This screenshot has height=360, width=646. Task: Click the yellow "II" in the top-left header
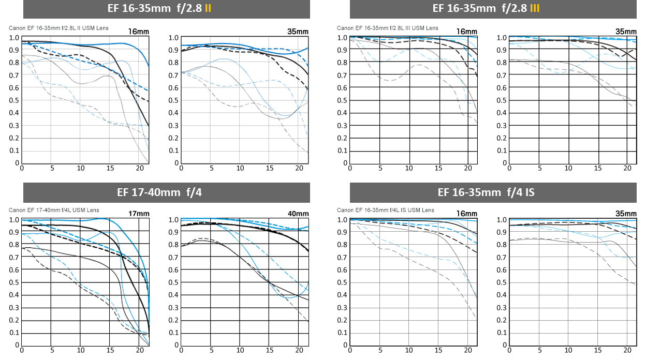pos(208,9)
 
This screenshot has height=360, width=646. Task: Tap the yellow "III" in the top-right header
pos(535,9)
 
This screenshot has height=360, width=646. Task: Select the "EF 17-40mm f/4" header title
pos(167,193)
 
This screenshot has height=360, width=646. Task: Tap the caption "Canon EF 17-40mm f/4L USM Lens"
pos(54,210)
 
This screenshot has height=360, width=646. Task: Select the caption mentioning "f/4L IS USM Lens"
pos(386,210)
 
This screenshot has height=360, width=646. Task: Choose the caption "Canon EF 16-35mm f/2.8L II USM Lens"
pos(58,28)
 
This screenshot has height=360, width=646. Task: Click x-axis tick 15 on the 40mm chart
pos(270,351)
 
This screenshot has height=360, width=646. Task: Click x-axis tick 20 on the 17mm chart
pos(140,351)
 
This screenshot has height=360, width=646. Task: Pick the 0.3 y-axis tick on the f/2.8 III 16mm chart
pos(342,126)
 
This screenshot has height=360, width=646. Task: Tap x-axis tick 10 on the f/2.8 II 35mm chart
pos(240,168)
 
